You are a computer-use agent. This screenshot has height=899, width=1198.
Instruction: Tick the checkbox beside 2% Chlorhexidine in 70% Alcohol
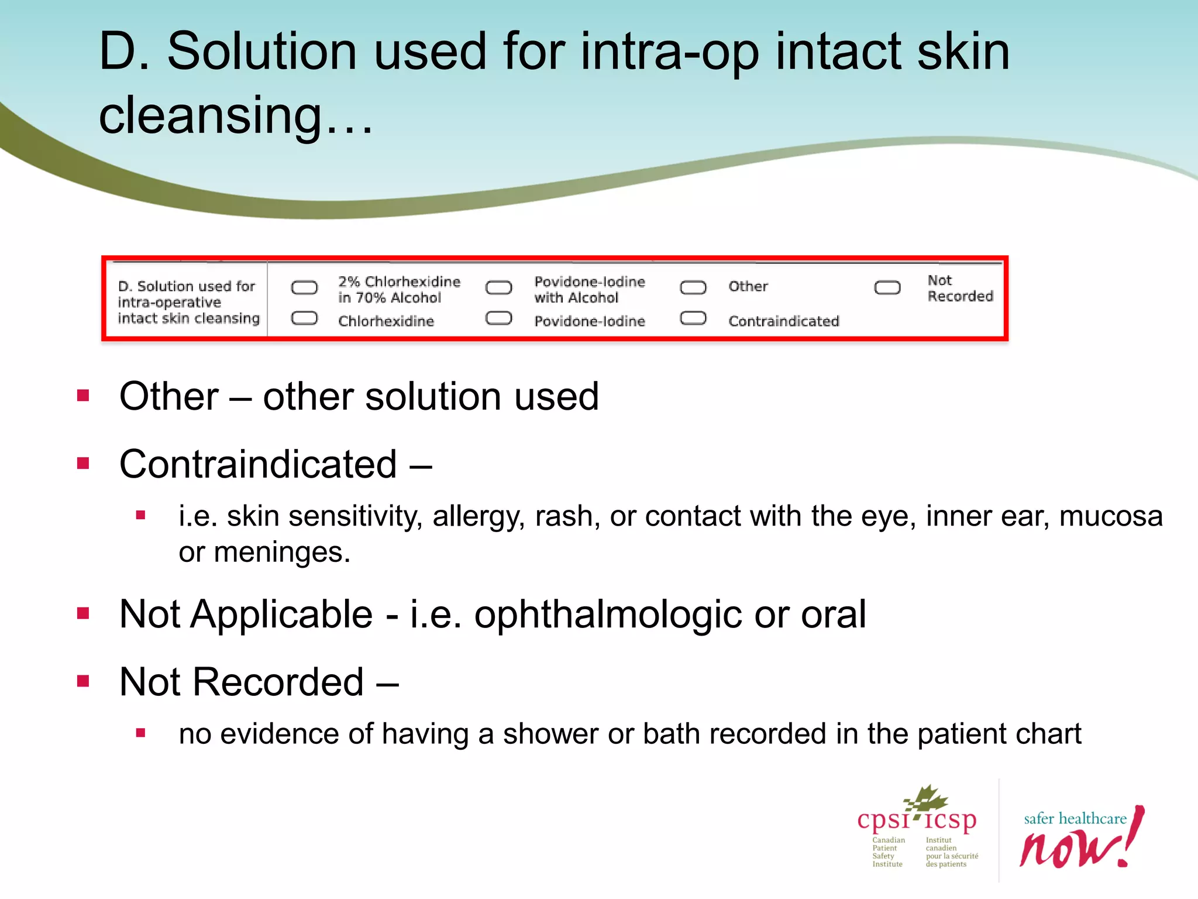coord(304,287)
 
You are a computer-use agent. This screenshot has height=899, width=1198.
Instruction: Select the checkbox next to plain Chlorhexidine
coord(304,318)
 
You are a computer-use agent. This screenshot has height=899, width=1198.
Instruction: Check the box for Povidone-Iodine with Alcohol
coord(498,287)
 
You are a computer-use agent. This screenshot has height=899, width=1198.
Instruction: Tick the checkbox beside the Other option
coord(693,287)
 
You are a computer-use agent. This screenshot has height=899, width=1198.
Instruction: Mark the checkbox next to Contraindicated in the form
coord(693,318)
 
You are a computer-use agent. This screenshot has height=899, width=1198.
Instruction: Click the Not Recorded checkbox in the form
coord(887,287)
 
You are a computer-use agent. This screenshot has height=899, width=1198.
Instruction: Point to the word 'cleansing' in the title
coord(211,115)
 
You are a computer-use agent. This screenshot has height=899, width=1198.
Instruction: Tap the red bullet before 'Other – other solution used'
coord(83,396)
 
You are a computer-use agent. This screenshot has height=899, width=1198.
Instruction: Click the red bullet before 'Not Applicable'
coord(83,613)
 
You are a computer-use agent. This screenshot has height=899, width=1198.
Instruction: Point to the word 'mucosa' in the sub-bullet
coord(1110,516)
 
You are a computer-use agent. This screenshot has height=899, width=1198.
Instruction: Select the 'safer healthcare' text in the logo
coord(1075,818)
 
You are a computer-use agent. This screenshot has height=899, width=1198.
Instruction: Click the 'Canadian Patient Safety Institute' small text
coord(888,852)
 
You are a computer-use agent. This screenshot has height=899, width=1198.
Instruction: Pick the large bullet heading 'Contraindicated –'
coord(275,464)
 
